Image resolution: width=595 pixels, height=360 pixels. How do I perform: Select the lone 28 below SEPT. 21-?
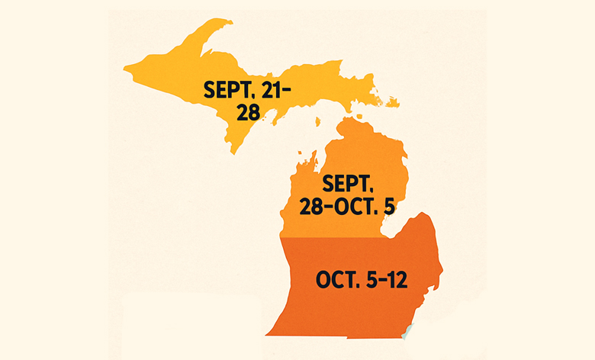coord(248,112)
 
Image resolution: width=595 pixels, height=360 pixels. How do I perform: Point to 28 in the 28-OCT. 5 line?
coord(315,206)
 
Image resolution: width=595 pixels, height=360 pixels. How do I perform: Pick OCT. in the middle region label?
coord(358,206)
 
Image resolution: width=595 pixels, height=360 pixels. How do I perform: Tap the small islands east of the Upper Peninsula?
coord(391,102)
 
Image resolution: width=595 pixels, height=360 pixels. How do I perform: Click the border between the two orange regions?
coord(343,237)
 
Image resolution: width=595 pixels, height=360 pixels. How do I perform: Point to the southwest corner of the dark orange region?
coord(266,333)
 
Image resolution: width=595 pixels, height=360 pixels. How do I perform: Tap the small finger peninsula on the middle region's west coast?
coord(310,161)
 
